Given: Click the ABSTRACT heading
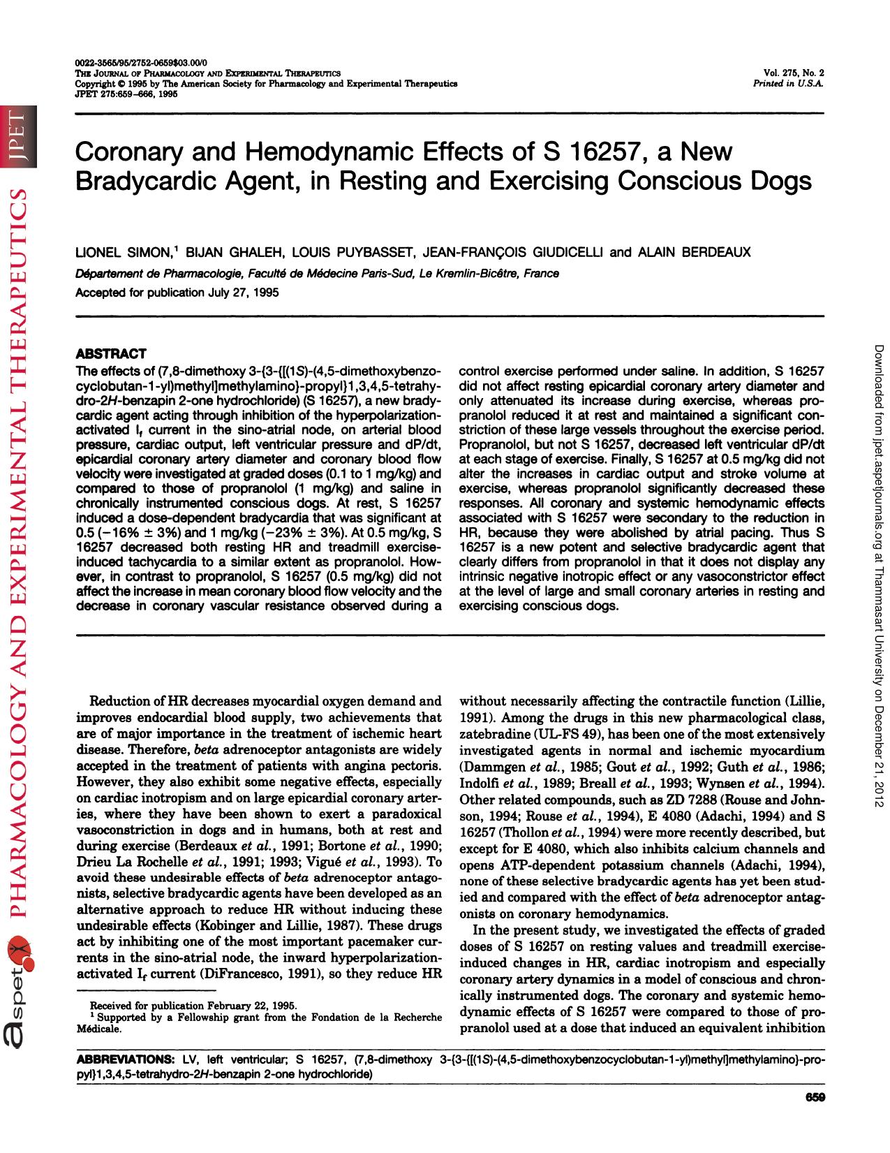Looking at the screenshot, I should [x=110, y=354].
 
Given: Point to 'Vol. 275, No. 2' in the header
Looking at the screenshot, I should [x=794, y=73].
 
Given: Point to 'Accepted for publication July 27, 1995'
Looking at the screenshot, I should [x=177, y=292].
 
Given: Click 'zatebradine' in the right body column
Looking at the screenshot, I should [x=492, y=734].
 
